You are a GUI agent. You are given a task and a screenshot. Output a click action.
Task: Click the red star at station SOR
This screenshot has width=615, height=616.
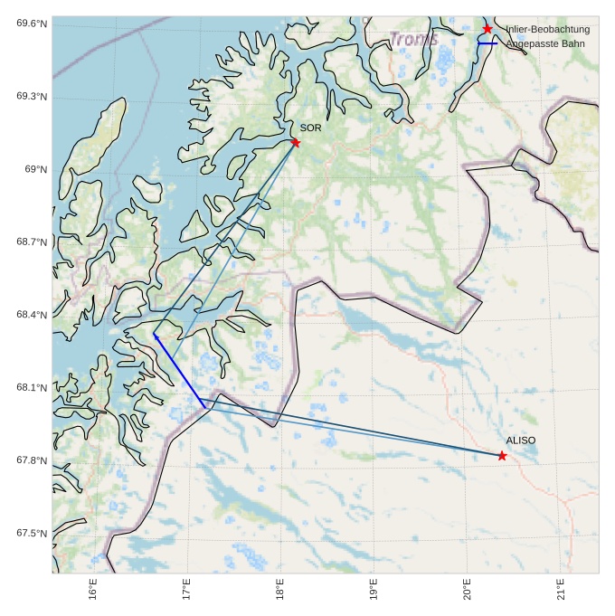point(296,142)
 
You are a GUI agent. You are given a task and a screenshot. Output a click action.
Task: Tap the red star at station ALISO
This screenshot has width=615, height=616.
point(502,456)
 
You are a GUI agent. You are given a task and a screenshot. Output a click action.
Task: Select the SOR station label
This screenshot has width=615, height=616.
point(310,128)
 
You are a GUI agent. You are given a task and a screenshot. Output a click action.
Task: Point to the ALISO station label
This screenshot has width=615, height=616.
point(520,440)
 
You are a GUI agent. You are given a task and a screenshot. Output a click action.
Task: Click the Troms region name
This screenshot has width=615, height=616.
point(414,39)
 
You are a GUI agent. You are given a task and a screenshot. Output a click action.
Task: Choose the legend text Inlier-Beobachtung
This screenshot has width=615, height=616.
point(547,30)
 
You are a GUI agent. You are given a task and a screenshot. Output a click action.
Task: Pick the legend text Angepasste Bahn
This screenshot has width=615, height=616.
point(545,43)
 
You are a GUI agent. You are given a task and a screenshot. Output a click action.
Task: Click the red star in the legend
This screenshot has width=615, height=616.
point(487,30)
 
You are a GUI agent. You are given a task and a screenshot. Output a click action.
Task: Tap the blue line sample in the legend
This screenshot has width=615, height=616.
point(487,43)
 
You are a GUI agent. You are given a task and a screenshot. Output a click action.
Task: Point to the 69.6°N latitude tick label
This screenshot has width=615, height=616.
point(32,24)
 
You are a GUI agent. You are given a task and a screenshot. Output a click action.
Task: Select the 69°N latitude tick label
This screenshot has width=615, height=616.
point(35,169)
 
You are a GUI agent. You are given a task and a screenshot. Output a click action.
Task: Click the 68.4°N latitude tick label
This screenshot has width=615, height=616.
point(32,315)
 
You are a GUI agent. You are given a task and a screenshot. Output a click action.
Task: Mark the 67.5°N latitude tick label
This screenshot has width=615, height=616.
point(32,534)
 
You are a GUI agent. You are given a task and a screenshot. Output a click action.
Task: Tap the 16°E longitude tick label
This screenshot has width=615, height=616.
point(94,590)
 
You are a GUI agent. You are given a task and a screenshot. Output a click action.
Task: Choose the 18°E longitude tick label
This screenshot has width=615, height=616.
point(280,590)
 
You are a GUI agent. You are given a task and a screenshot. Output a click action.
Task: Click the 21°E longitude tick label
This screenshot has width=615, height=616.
point(561,590)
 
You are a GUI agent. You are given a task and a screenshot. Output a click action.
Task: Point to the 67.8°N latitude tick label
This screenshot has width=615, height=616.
point(32,460)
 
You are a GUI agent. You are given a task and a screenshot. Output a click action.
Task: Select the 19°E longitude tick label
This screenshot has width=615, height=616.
point(374,590)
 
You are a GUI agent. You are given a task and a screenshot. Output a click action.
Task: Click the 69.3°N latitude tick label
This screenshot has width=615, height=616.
point(32,97)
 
